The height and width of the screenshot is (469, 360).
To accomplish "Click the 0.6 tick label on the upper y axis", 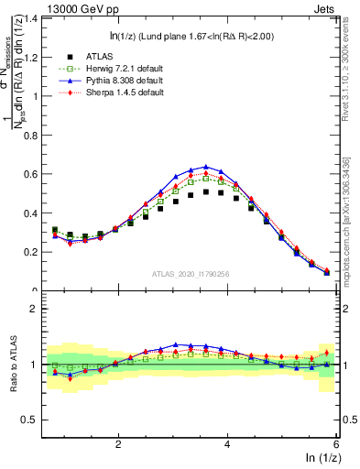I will click(35, 174).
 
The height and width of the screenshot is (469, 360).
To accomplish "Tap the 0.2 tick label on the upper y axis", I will click(35, 252).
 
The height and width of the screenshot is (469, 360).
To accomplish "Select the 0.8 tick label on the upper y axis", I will click(35, 135).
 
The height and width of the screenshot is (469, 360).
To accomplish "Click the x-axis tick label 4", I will click(228, 443).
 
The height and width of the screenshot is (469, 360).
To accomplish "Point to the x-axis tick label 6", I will click(337, 443).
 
